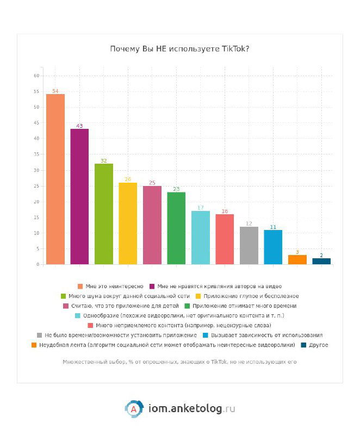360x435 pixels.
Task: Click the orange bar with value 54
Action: point(55,179)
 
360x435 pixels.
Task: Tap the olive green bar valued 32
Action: point(104,214)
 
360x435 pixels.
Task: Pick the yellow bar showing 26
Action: point(128,223)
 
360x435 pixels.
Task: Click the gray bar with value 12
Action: point(249,246)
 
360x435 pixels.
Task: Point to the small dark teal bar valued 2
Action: point(321,262)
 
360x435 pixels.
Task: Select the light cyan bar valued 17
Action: point(201,238)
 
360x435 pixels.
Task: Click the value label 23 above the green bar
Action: point(176,189)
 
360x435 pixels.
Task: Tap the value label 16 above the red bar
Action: point(225,211)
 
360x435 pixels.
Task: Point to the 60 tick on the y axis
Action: point(36,76)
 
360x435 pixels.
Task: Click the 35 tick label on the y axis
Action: point(36,154)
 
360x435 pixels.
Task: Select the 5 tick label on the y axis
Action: point(38,249)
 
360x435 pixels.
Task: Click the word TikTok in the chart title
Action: point(236,49)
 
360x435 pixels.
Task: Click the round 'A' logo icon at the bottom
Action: point(133,408)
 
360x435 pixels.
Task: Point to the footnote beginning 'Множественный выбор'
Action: point(179,362)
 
